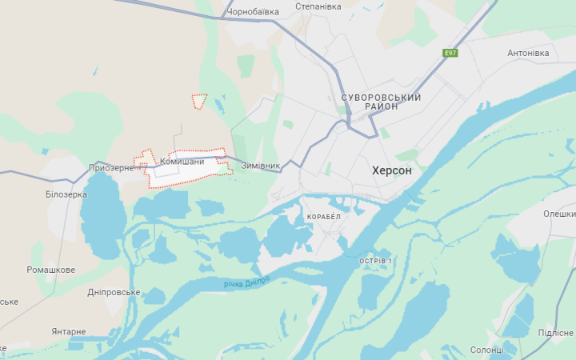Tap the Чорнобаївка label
(253, 12)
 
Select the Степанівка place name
(318, 6)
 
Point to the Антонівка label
(528, 54)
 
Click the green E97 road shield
(451, 54)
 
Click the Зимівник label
(261, 166)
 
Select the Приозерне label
(111, 168)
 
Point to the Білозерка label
(66, 194)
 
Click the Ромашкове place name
(51, 270)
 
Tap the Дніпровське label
(114, 292)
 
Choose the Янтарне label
(69, 331)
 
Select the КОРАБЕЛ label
(324, 217)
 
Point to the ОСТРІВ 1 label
(376, 262)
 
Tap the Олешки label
(559, 214)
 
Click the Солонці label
(486, 350)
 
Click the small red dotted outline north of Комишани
(199, 101)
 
